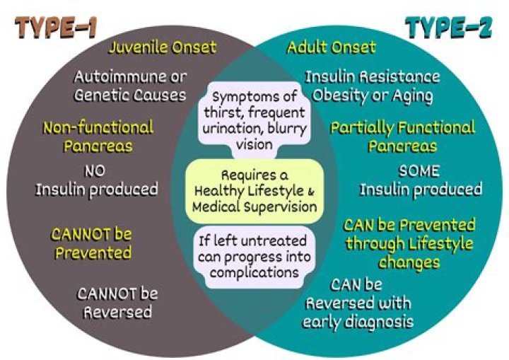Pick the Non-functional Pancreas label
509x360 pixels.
[98, 137]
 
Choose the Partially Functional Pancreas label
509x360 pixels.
[402, 137]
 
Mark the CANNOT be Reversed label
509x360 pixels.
[117, 302]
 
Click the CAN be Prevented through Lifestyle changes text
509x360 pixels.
[409, 243]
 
